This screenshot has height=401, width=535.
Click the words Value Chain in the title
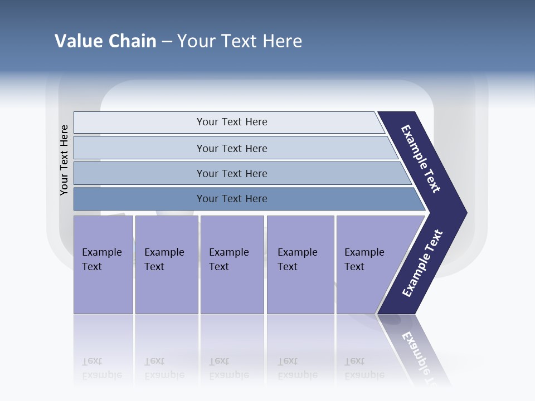[x=105, y=41]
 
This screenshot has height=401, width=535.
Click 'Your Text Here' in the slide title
[x=240, y=41]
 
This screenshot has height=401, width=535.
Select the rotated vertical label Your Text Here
[x=64, y=160]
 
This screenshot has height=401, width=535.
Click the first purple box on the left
[x=103, y=265]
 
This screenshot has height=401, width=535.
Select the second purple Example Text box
[x=166, y=265]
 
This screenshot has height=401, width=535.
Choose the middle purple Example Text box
[x=232, y=265]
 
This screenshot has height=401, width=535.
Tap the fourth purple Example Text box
[x=300, y=265]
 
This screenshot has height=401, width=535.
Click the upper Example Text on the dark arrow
[x=421, y=159]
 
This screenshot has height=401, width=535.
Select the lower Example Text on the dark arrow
[x=422, y=263]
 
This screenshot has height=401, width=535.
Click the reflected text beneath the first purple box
[x=101, y=368]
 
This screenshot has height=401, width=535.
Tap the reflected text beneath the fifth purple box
[x=364, y=368]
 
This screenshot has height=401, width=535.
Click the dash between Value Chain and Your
[x=167, y=42]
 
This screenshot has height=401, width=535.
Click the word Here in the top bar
[x=257, y=122]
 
